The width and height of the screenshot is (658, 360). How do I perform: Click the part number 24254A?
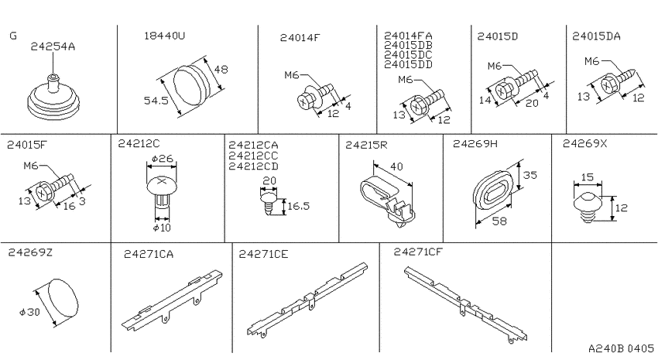coord(53,46)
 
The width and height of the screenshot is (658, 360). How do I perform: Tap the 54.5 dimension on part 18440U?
coord(156,101)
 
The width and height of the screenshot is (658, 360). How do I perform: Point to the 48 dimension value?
coord(221,69)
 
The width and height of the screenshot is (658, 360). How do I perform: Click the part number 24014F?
coord(300,37)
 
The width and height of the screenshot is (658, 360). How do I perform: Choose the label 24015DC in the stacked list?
coord(408,55)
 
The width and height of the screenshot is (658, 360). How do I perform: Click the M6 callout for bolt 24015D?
coord(495,66)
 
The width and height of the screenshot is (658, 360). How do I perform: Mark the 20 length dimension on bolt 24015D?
coord(532,103)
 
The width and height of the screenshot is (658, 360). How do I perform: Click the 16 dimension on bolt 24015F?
coord(69,206)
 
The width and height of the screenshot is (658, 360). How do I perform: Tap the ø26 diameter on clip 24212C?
coord(163,159)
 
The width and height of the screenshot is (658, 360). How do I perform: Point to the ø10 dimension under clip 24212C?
coord(162,228)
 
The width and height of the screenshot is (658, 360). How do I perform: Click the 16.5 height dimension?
coord(299,206)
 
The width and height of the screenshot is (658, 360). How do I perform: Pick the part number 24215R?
coord(366,146)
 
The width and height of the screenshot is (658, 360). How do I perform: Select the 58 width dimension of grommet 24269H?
coord(499,221)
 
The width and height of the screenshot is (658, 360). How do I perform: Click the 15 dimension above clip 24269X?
coord(587,177)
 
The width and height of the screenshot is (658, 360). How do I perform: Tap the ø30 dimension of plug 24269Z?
coord(29,312)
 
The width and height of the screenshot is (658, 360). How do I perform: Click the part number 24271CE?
coord(263,254)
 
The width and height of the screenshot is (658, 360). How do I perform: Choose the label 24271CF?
coord(418,252)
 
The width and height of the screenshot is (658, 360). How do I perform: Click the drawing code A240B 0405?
coord(621,348)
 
